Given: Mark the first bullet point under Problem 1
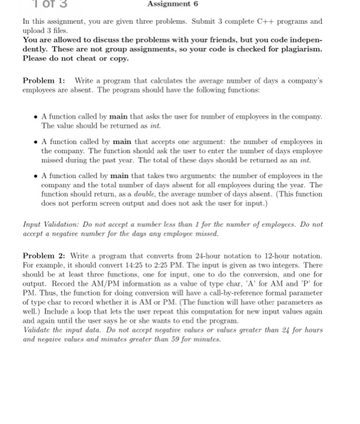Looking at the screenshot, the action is pos(36,114).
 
